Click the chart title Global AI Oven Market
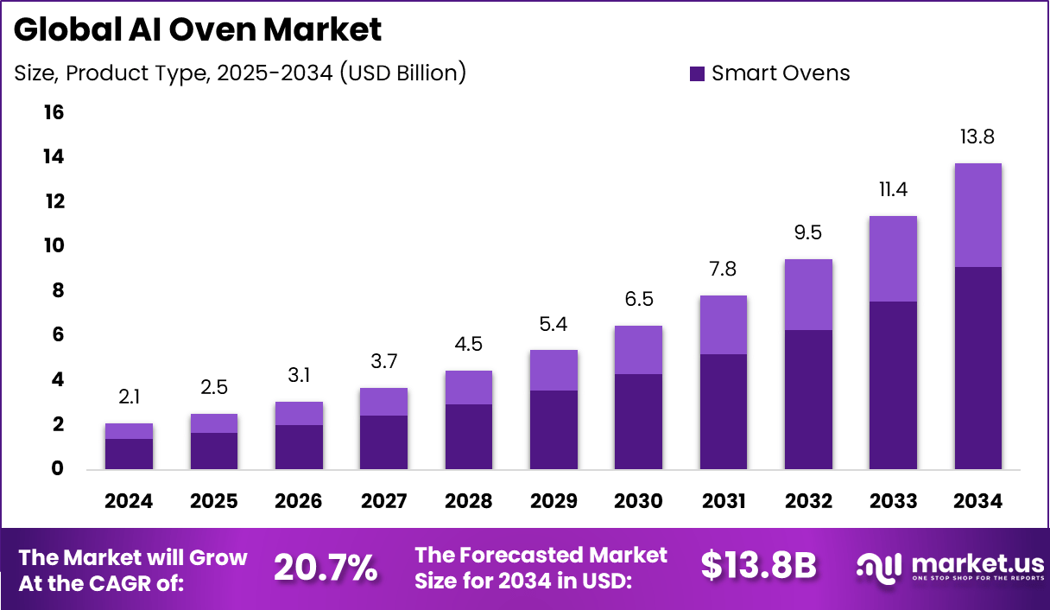click(198, 30)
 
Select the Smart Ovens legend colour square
click(698, 74)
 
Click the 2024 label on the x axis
click(129, 501)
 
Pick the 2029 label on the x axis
click(553, 501)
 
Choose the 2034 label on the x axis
click(977, 501)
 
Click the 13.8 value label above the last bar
click(977, 137)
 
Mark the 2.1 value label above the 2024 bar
click(129, 397)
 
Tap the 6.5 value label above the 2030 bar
click(638, 299)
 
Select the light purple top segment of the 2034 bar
click(977, 215)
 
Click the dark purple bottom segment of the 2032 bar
click(807, 399)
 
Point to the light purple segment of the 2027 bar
click(383, 402)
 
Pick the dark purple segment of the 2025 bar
click(213, 450)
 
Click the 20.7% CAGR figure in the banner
click(326, 568)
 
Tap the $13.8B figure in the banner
click(758, 566)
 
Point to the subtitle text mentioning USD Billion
click(240, 73)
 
